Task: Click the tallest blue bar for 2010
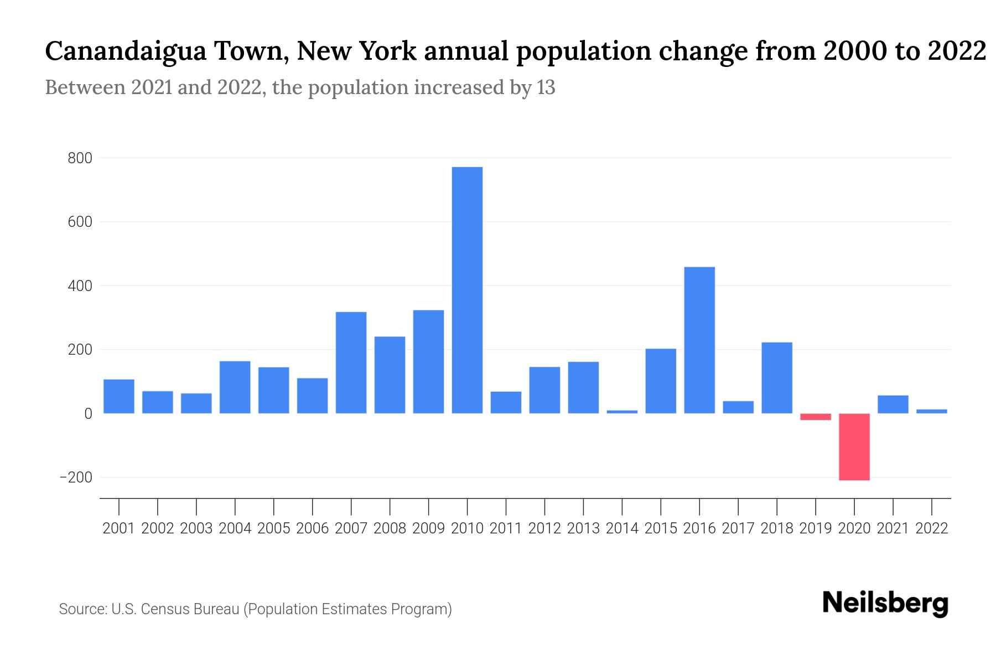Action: pos(467,290)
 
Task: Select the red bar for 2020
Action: pos(854,447)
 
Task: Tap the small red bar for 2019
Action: pos(815,417)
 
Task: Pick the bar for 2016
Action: pos(699,340)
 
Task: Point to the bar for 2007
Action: pos(351,362)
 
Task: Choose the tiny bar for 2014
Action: pos(622,412)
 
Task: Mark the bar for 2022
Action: pos(931,411)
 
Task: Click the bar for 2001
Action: pos(119,396)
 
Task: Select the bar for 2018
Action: pos(776,378)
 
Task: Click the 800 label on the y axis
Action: pos(80,159)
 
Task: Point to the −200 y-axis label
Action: pos(76,478)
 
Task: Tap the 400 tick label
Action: pos(80,287)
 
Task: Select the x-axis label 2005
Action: pos(273,528)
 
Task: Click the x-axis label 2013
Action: pos(583,528)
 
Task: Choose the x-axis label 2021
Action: pos(893,528)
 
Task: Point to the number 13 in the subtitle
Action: pos(545,88)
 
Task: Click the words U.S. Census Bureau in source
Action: pos(175,609)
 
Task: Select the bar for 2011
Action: pos(506,402)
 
